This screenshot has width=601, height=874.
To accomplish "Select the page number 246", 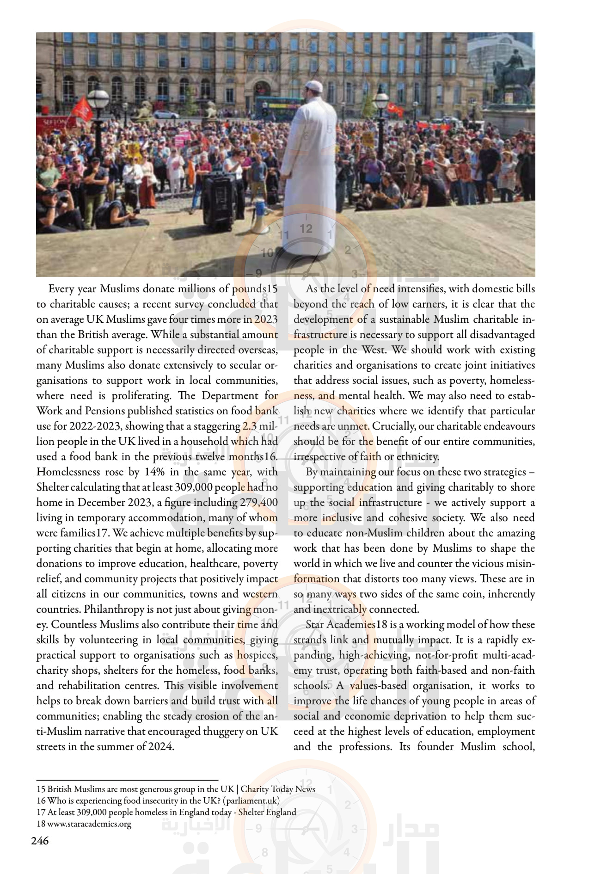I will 40,840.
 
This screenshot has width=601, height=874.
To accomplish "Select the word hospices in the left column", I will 257,655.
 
